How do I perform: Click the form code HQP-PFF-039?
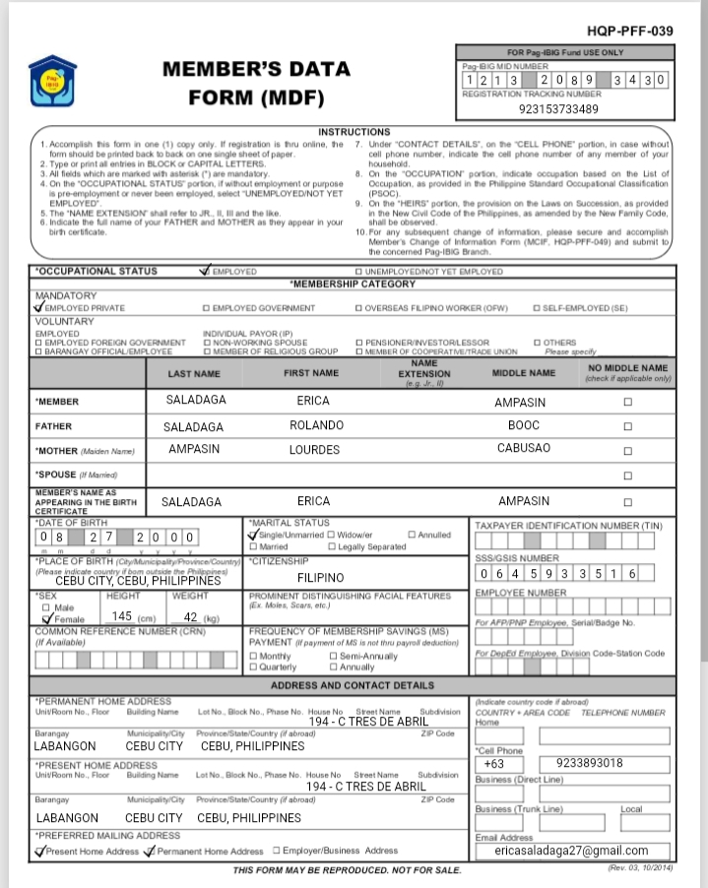[x=629, y=32]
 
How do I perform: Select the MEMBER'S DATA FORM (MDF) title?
[x=255, y=84]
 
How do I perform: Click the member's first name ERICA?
[x=313, y=401]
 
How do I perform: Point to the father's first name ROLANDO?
[x=316, y=425]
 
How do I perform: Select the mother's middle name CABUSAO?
[x=523, y=449]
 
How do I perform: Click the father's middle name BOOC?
[x=523, y=425]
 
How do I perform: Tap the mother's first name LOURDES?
[x=313, y=449]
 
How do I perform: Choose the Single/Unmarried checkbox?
[x=255, y=534]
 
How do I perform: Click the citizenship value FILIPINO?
[x=320, y=578]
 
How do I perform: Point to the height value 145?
[x=122, y=616]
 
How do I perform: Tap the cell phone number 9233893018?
[x=589, y=763]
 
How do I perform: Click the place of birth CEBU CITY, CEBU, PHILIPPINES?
[x=138, y=581]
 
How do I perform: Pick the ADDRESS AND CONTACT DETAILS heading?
[x=352, y=685]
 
